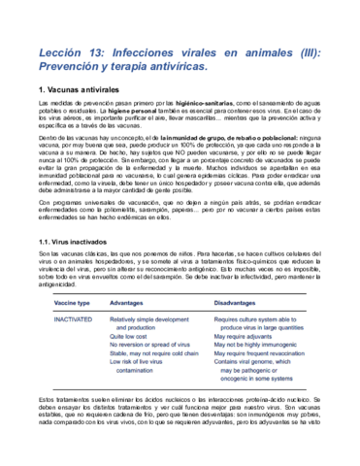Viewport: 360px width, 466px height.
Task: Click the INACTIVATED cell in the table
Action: (x=73, y=317)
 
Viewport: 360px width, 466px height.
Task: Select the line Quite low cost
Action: (x=137, y=337)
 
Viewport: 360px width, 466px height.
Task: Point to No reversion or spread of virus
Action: (x=156, y=347)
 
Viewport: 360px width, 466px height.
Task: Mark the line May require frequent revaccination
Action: (x=269, y=356)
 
